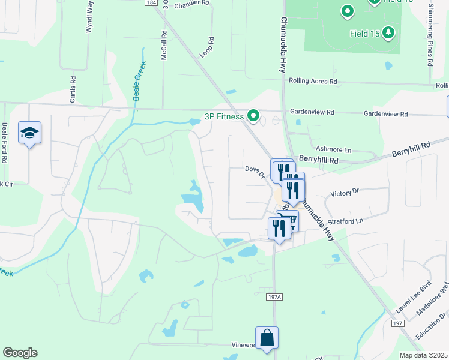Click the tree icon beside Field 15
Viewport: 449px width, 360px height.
[x=390, y=32]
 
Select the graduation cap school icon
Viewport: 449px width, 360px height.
[x=29, y=133]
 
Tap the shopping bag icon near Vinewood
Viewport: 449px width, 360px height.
[x=267, y=338]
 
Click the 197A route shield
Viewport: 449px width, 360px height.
[x=273, y=296]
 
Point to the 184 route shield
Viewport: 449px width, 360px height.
[x=151, y=2]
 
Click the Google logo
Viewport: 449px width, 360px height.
[x=20, y=353]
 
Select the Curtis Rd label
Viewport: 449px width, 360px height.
[x=73, y=88]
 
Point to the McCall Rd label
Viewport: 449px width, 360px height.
[x=163, y=43]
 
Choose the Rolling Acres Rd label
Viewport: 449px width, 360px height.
[x=313, y=81]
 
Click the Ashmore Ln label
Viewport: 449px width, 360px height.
[x=333, y=149]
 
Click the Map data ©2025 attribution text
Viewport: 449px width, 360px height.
[x=423, y=355]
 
